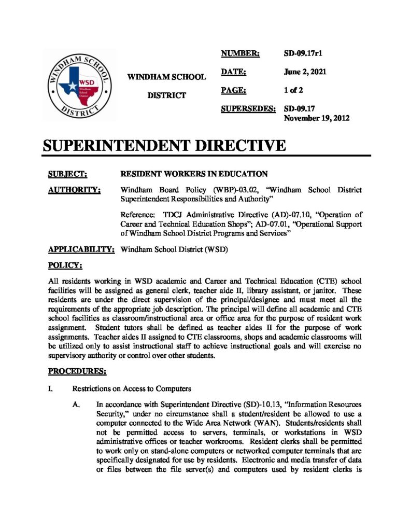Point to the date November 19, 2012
point(317,118)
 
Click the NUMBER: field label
point(241,53)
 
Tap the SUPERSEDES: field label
point(248,109)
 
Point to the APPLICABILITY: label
point(81,249)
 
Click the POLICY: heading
point(65,265)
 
